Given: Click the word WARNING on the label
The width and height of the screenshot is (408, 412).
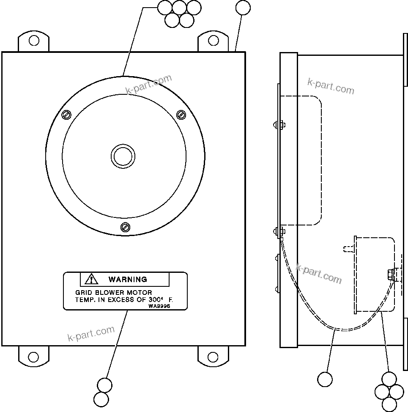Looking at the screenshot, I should [x=128, y=279].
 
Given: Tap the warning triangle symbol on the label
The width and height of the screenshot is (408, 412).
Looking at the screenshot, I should [x=91, y=279].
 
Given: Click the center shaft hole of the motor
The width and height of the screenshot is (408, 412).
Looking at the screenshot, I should [x=123, y=156].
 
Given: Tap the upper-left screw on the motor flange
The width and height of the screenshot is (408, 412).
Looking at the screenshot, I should [x=66, y=115].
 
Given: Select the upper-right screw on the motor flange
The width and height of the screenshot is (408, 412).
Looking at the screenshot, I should [x=181, y=114].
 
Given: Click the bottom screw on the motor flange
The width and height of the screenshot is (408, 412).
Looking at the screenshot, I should [x=125, y=227].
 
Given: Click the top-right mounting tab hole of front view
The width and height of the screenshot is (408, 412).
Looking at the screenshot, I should [x=214, y=41].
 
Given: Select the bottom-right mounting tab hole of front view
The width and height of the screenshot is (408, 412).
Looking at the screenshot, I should [x=214, y=356].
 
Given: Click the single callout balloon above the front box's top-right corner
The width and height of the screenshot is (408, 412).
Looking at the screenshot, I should [x=243, y=8].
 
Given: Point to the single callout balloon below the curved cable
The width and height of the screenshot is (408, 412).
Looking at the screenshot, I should [x=325, y=379].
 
